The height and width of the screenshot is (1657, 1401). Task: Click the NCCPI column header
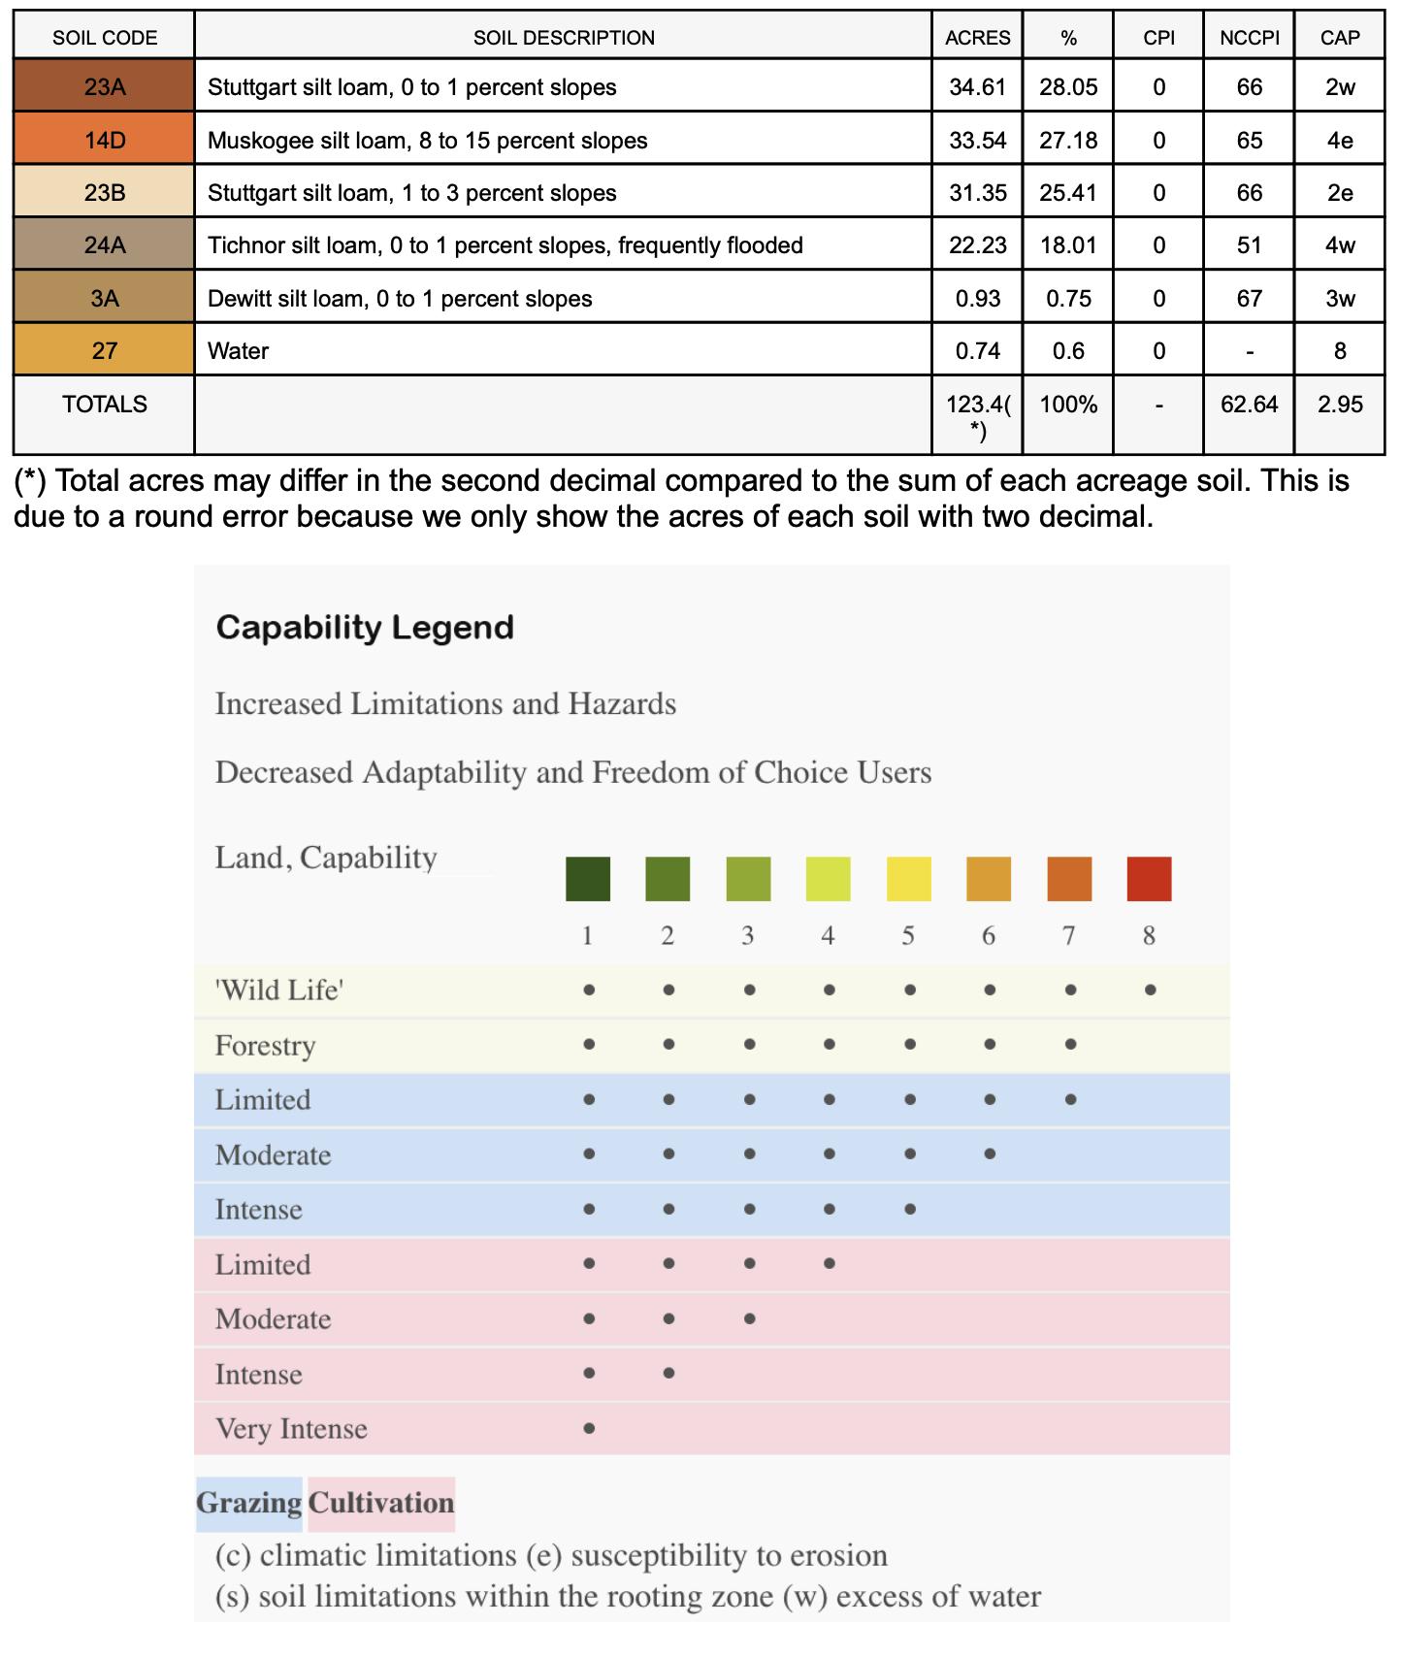point(1249,38)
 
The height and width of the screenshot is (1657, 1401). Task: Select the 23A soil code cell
point(105,87)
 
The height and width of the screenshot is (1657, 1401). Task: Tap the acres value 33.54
point(977,140)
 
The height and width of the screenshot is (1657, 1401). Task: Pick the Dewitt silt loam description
point(400,299)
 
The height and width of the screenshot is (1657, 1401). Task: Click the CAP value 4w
point(1340,245)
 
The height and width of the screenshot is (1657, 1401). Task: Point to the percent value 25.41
point(1068,193)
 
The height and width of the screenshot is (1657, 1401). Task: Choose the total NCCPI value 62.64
point(1249,405)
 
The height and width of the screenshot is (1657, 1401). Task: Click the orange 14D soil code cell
point(105,140)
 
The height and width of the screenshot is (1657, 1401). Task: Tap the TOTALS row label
point(105,405)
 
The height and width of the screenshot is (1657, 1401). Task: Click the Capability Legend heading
point(365,628)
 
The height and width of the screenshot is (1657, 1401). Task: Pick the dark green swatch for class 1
point(588,879)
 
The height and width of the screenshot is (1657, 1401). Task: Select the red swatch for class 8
point(1149,879)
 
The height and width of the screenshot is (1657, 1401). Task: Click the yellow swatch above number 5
point(909,879)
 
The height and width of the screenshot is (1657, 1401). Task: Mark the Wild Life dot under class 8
point(1150,991)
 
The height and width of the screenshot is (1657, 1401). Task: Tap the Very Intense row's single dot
point(589,1428)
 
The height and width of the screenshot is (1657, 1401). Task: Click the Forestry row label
point(265,1046)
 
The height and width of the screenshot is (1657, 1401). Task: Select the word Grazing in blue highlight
point(249,1503)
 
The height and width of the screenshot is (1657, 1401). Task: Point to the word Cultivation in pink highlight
point(381,1503)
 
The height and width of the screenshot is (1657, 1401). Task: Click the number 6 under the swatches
point(989,935)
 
